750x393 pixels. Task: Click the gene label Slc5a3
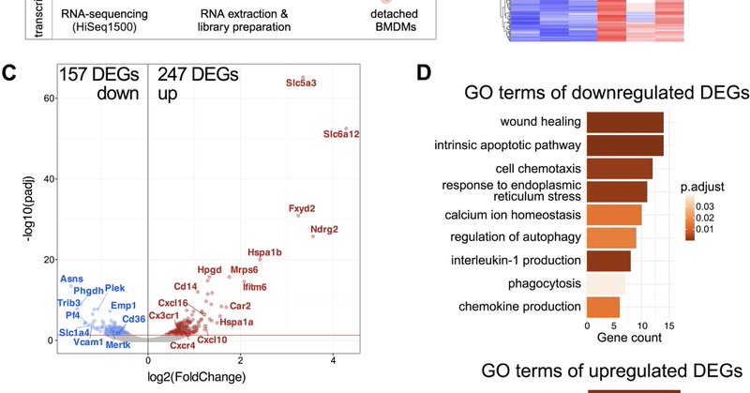tap(302, 83)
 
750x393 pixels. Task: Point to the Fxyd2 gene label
tap(302, 207)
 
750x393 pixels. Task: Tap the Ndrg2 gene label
tap(324, 230)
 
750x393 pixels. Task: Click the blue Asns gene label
tap(72, 280)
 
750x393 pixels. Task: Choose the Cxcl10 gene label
tap(214, 340)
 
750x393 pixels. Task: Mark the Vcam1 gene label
tap(89, 343)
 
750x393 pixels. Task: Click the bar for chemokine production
tap(603, 307)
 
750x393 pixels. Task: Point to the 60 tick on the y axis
tap(43, 98)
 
